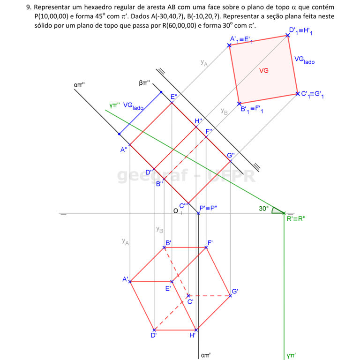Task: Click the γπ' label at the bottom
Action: (x=292, y=355)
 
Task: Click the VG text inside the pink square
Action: (x=264, y=71)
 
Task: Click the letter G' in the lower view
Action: (x=236, y=292)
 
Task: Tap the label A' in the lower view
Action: (x=126, y=279)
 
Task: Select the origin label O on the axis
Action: (x=175, y=211)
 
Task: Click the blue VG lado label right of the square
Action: (x=305, y=60)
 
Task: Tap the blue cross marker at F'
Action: (x=206, y=247)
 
